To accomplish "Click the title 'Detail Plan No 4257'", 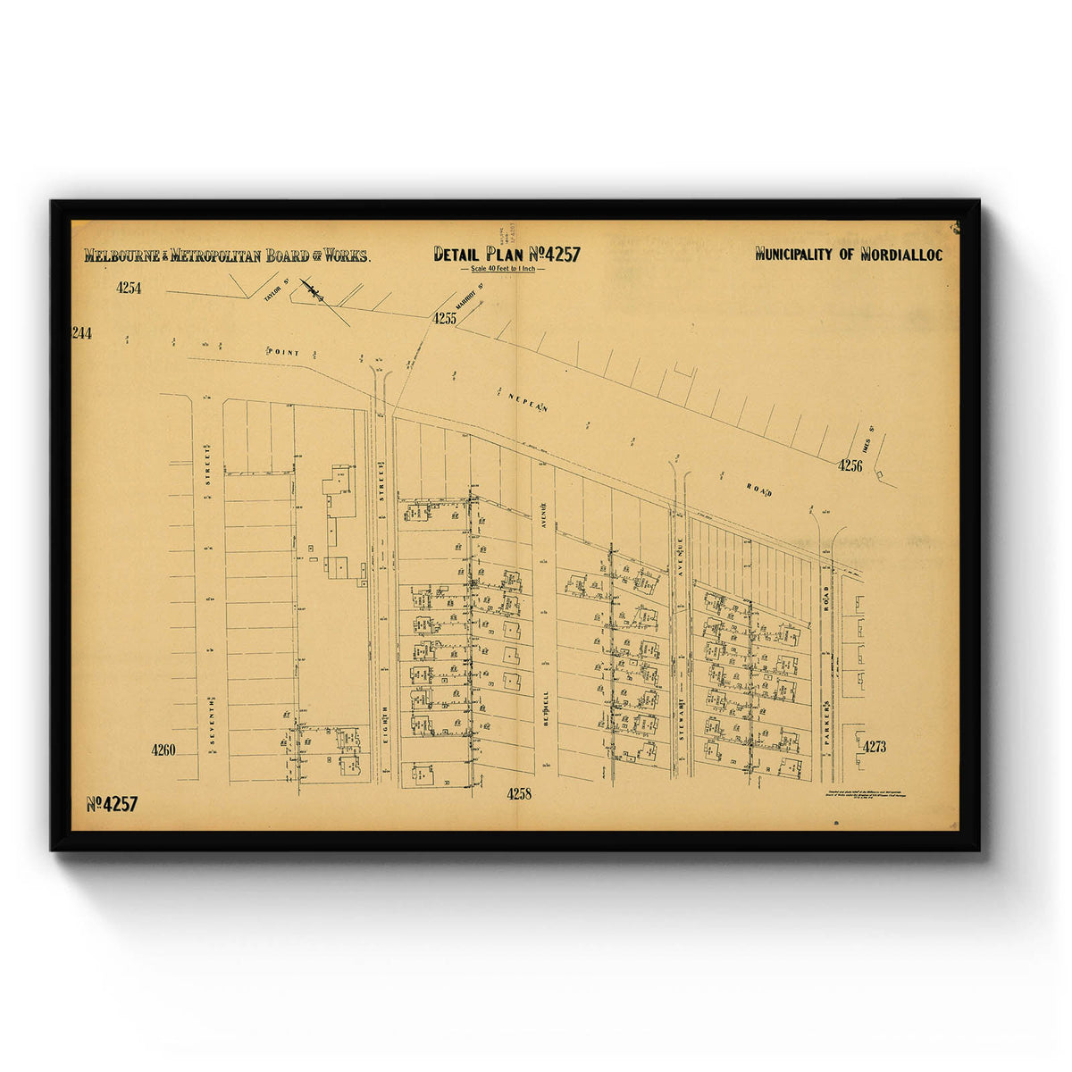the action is pos(507,255).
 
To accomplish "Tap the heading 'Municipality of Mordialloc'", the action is pos(849,255).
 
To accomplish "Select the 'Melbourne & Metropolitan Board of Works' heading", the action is pos(227,255).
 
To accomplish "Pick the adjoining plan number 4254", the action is pos(129,288).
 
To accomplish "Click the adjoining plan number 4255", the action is pos(445,318).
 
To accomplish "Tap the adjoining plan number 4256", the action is pos(850,465).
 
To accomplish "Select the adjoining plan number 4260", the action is pos(163,750).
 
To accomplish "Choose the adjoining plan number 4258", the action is pos(519,793).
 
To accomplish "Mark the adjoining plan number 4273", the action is pos(875,747).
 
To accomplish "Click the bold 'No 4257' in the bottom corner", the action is pos(112,804).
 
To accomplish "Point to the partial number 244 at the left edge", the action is pos(82,333).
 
